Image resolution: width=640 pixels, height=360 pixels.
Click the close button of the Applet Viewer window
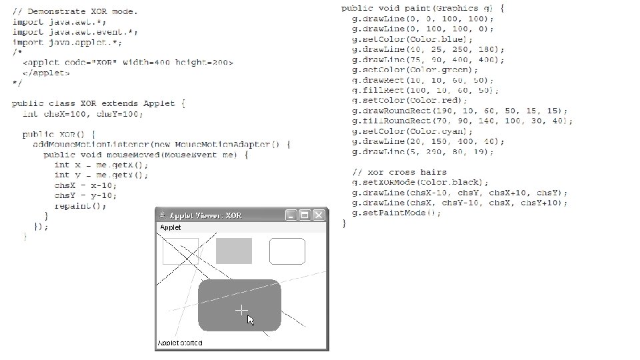[x=319, y=215]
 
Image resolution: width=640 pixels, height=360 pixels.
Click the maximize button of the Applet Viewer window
[x=305, y=215]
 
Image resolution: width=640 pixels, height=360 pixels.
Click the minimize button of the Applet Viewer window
[x=291, y=215]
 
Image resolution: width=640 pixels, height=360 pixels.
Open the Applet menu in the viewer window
[x=169, y=227]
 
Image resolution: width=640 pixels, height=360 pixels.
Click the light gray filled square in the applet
[x=234, y=251]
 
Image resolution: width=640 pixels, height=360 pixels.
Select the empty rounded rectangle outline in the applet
[x=287, y=251]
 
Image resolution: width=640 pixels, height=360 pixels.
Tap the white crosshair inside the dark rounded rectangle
[x=241, y=310]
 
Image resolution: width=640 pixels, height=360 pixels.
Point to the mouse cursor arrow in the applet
[x=250, y=320]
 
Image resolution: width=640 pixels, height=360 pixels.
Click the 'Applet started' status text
[x=180, y=343]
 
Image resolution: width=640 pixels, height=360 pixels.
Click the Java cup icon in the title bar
[x=162, y=215]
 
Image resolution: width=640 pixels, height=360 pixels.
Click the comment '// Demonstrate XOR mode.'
[x=75, y=11]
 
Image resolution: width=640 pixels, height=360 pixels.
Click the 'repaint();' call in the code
[x=80, y=206]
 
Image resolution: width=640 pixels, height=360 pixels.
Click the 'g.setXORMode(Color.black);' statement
[x=421, y=182]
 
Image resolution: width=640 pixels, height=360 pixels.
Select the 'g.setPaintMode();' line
[x=397, y=213]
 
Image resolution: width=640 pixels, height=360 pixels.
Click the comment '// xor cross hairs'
[x=400, y=172]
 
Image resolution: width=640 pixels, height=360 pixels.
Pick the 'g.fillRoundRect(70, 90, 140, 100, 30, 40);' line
[x=463, y=121]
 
